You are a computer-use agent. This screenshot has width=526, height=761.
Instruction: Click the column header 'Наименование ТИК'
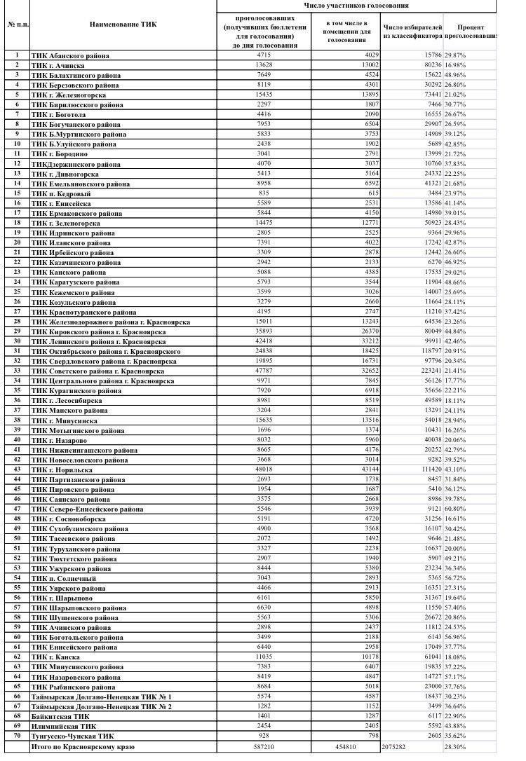123,25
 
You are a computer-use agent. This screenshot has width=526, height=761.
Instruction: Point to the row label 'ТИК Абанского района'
70,55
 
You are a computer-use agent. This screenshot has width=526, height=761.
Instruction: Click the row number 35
15,390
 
